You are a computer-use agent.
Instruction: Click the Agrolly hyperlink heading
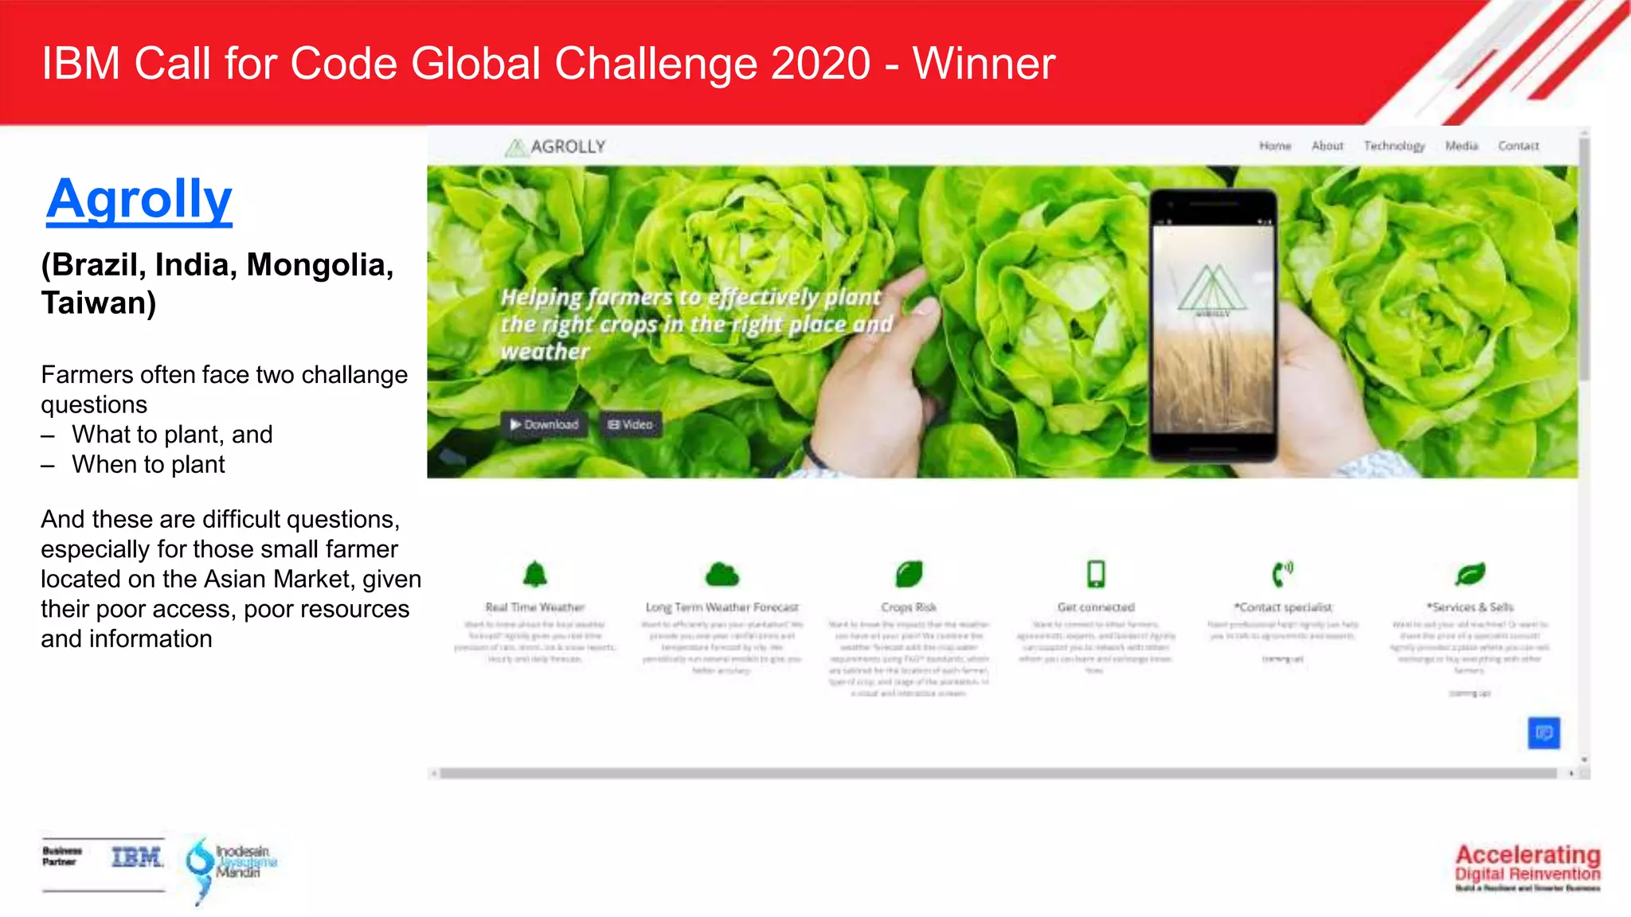tap(139, 199)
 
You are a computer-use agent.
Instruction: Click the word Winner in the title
tap(984, 64)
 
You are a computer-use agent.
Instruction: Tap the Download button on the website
tap(545, 424)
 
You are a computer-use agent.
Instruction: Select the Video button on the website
tap(630, 424)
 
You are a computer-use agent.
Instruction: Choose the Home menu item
tap(1275, 146)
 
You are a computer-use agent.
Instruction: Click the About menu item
tap(1327, 146)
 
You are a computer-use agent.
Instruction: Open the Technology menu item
tap(1394, 146)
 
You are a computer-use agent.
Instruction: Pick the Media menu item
tap(1461, 146)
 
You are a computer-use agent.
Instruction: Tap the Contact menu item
tap(1518, 146)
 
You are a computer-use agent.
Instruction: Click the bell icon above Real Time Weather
tap(535, 573)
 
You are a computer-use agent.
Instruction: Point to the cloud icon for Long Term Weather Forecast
tap(722, 573)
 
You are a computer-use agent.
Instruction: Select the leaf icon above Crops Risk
tap(909, 573)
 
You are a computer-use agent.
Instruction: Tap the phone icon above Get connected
tap(1096, 573)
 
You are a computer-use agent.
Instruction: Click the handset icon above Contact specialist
tap(1282, 573)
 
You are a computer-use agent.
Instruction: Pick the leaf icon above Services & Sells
tap(1470, 573)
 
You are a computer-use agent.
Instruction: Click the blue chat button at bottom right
tap(1543, 732)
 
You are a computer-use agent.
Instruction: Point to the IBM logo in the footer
tap(137, 857)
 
